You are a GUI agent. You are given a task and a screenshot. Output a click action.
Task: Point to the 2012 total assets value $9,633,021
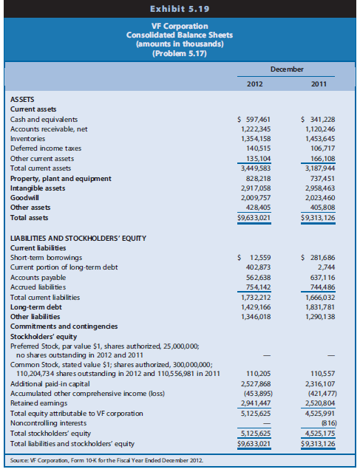point(251,219)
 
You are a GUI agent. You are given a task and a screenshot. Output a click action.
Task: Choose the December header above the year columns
point(285,69)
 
